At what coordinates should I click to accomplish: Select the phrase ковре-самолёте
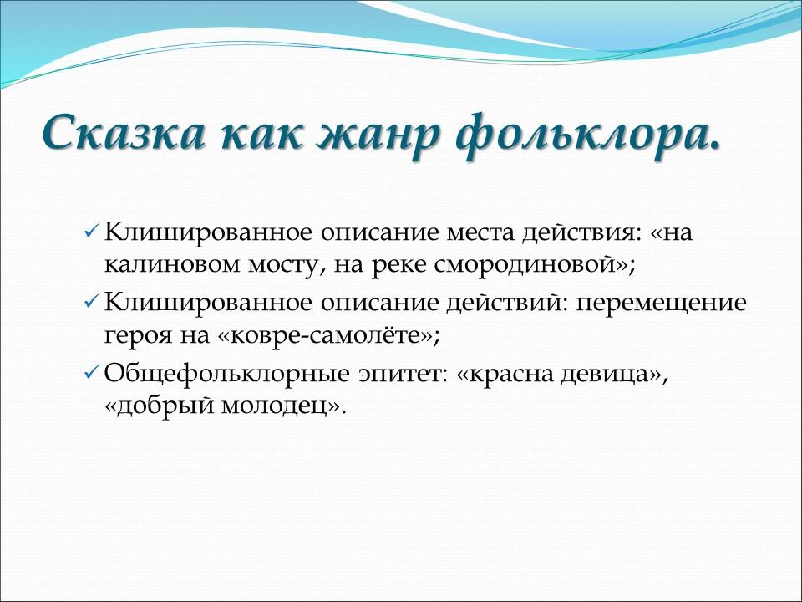click(x=326, y=337)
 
